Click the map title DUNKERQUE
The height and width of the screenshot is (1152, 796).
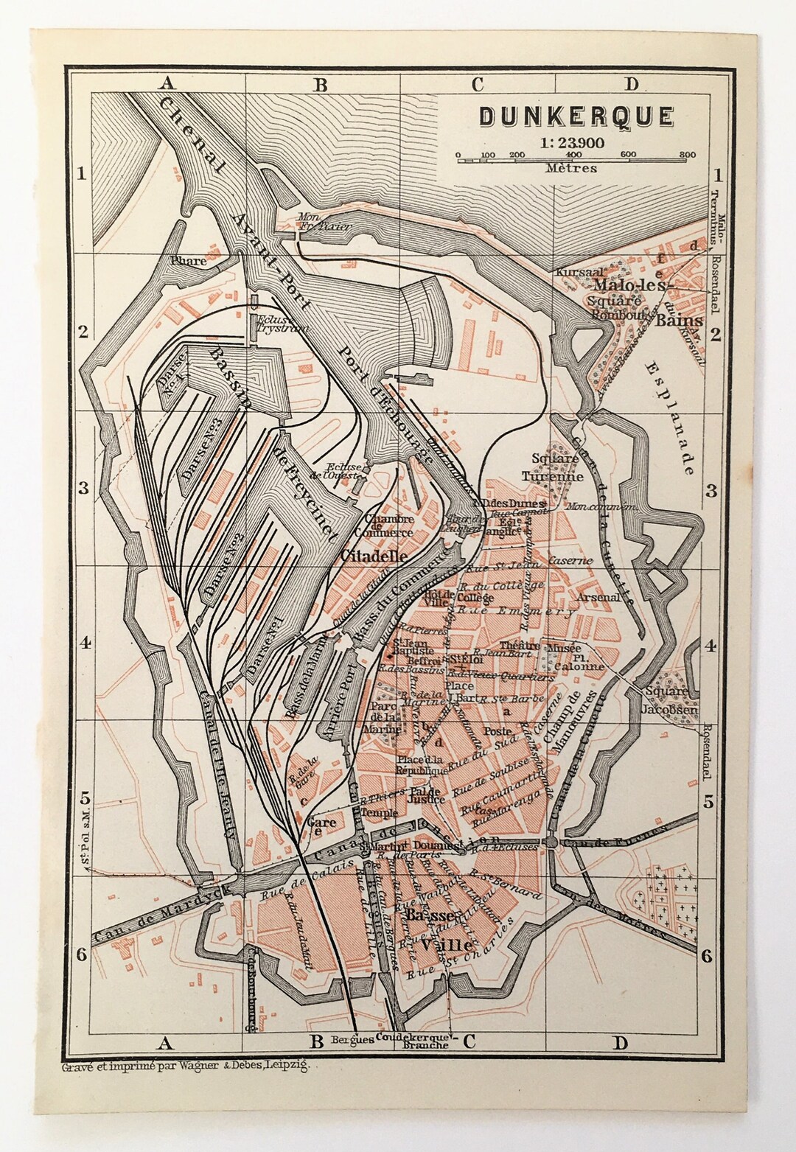point(576,116)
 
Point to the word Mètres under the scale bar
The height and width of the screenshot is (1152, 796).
point(572,168)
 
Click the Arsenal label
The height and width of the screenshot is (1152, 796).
point(598,597)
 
